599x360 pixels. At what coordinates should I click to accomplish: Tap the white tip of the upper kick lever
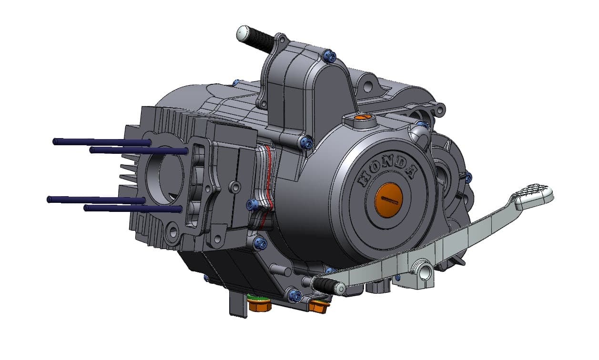(x=242, y=33)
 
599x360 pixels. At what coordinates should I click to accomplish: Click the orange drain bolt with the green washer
(x=260, y=305)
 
